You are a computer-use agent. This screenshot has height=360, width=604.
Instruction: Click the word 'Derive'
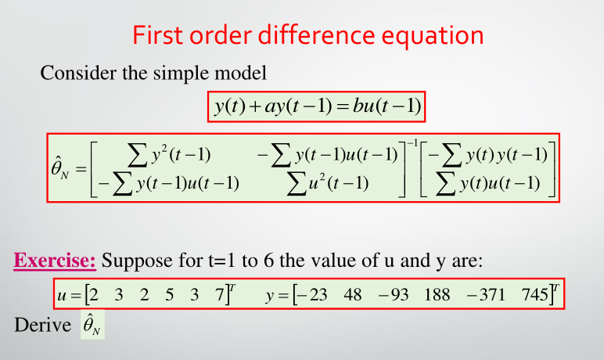pos(42,325)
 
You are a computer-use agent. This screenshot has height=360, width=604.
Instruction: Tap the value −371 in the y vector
pos(487,295)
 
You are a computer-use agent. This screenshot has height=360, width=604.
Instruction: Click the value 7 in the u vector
pos(214,295)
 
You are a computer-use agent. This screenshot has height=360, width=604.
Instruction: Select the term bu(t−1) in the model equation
pos(388,107)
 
